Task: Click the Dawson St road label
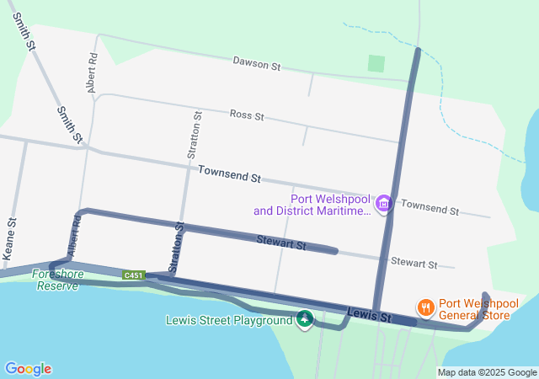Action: pyautogui.click(x=256, y=64)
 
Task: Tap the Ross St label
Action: pyautogui.click(x=247, y=115)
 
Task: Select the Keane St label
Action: pyautogui.click(x=11, y=238)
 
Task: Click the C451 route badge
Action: pyautogui.click(x=134, y=275)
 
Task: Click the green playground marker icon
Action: pyautogui.click(x=305, y=318)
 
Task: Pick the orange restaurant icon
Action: pyautogui.click(x=426, y=307)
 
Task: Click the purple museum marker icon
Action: pyautogui.click(x=384, y=203)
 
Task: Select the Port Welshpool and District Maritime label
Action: pyautogui.click(x=312, y=205)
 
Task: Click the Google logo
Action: pyautogui.click(x=28, y=369)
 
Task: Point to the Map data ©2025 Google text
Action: pyautogui.click(x=487, y=372)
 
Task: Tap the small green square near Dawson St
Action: pyautogui.click(x=376, y=63)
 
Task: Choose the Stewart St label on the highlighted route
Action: pyautogui.click(x=281, y=243)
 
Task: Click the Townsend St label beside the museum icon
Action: pyautogui.click(x=430, y=207)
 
